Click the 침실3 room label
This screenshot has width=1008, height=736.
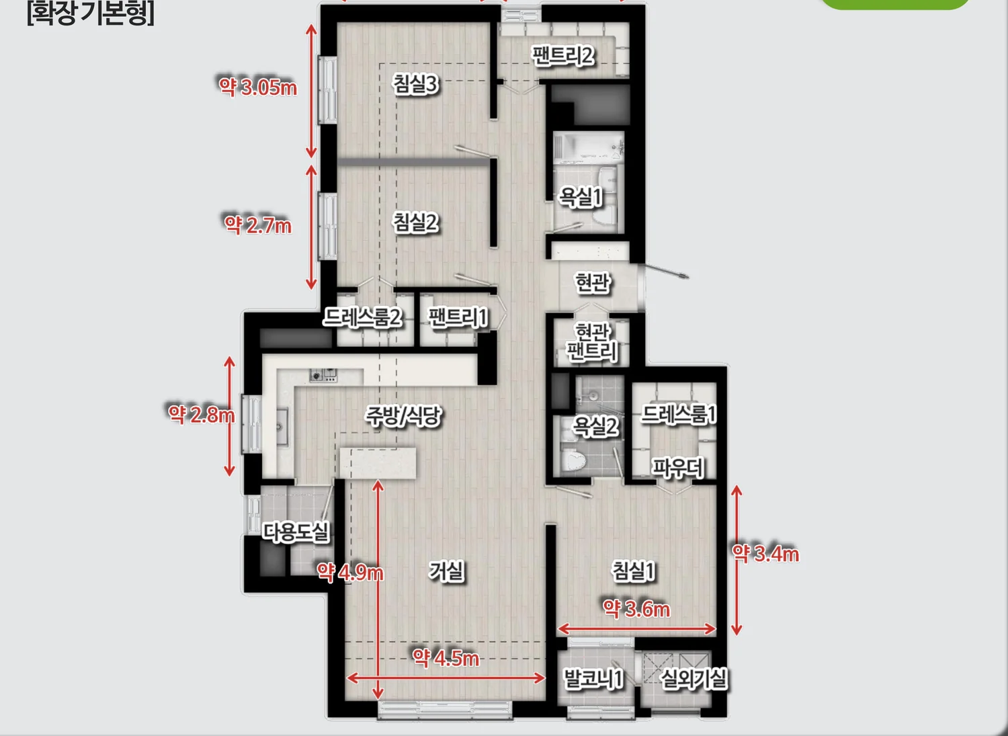tap(415, 84)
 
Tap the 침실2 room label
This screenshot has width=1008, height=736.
tap(415, 222)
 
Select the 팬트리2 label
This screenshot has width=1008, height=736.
tap(562, 56)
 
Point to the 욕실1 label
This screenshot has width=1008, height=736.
tap(581, 197)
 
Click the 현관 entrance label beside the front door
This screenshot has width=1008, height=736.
tap(593, 283)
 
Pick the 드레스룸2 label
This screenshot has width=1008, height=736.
tap(362, 317)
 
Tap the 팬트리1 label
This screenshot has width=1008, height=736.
tap(458, 317)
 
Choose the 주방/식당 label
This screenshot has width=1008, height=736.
tap(403, 415)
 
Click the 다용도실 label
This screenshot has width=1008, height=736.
tap(296, 532)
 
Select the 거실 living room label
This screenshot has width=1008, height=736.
tap(446, 571)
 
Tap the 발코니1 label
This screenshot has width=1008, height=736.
tap(593, 679)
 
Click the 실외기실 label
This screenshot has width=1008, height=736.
tap(694, 679)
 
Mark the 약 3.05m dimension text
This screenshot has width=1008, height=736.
tap(258, 87)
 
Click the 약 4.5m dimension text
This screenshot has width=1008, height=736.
tap(446, 659)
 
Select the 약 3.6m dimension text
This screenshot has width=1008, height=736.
tap(636, 609)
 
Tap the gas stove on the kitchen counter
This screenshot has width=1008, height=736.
tap(323, 375)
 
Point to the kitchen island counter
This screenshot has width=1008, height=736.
tap(378, 462)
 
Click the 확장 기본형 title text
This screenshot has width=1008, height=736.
tap(91, 13)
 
